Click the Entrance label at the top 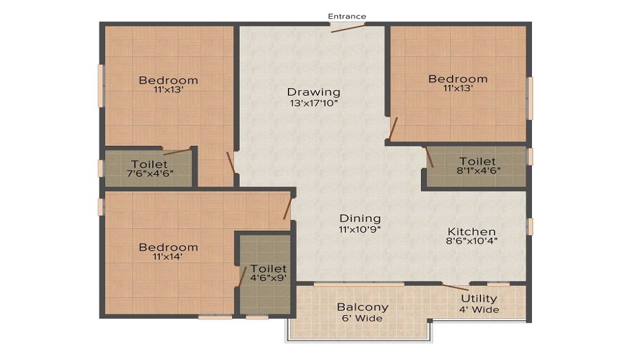347,16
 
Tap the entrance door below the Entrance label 347,29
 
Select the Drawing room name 314,92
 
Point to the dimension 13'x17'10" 314,103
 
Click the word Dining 360,219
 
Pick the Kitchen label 472,231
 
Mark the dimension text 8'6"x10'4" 472,241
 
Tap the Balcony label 363,307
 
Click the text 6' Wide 362,318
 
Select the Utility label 479,299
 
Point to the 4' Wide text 479,310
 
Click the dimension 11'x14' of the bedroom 168,257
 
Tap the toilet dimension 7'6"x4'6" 149,173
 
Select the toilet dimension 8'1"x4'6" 478,170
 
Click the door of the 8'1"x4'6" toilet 429,157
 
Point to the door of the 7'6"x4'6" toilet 177,152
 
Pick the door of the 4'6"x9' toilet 242,277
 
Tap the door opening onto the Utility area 455,287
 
